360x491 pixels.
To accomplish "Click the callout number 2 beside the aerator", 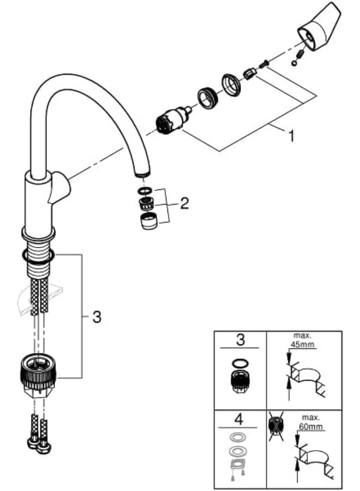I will pos(184,204).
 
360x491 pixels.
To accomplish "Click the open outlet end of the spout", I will pos(141,174).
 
